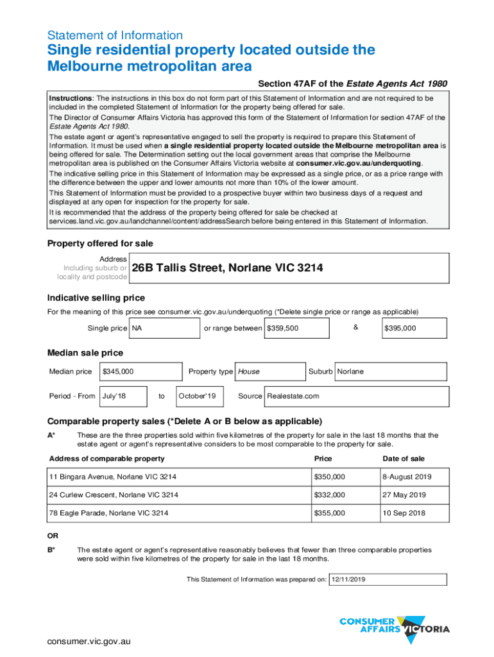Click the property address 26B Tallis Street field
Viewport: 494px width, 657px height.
coord(288,268)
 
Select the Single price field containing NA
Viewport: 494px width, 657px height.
coord(165,328)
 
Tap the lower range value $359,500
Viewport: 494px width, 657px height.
coord(296,328)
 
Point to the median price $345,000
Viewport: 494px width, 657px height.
coord(139,371)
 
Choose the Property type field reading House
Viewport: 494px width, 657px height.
coord(269,371)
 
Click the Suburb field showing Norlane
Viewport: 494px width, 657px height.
coord(391,371)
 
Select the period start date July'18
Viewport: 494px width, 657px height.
coord(123,396)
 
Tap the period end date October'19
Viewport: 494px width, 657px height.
coord(200,396)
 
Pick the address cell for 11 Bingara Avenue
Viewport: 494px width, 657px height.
coord(178,477)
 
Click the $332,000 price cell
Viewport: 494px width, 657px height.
coord(344,495)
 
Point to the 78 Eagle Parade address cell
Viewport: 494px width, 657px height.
coord(178,513)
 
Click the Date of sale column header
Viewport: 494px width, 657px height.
coord(404,459)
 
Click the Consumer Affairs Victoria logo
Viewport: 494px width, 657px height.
coord(394,626)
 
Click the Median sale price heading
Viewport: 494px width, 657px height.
coord(85,353)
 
